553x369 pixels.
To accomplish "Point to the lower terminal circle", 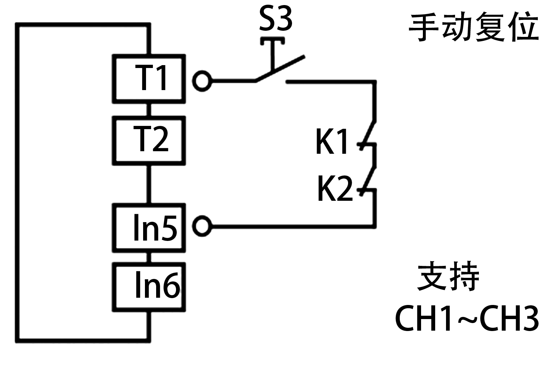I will [x=202, y=226].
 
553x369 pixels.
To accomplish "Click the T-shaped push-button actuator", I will [x=273, y=51].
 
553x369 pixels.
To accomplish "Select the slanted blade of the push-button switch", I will [x=280, y=68].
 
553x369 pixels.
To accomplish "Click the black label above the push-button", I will [x=275, y=18].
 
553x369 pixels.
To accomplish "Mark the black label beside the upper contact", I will [x=331, y=141].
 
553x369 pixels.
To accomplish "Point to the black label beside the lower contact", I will [x=335, y=188].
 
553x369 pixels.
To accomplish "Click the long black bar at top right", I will [x=473, y=26].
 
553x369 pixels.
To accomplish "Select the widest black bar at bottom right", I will [x=467, y=318].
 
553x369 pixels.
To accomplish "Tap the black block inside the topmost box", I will [x=150, y=77].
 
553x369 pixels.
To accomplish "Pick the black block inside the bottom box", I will [x=158, y=284].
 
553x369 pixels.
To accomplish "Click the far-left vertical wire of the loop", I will [x=17, y=181].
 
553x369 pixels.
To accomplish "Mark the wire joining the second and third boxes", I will [x=149, y=184].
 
